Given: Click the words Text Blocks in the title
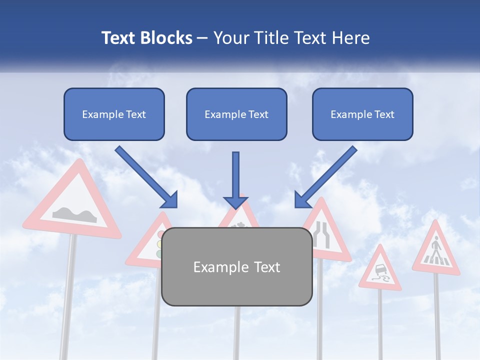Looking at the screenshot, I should [146, 37].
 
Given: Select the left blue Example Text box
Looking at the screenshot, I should [114, 114].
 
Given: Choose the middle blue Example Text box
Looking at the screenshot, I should [236, 114].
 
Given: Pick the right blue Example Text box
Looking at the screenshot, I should [362, 114].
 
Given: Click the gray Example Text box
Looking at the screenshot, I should [236, 266].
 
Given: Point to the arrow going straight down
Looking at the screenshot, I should [235, 180].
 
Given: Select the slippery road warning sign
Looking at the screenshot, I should [380, 270].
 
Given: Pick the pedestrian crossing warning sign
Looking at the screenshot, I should [436, 250].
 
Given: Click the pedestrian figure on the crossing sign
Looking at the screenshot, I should [436, 248].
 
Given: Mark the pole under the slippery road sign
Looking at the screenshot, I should [380, 325].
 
